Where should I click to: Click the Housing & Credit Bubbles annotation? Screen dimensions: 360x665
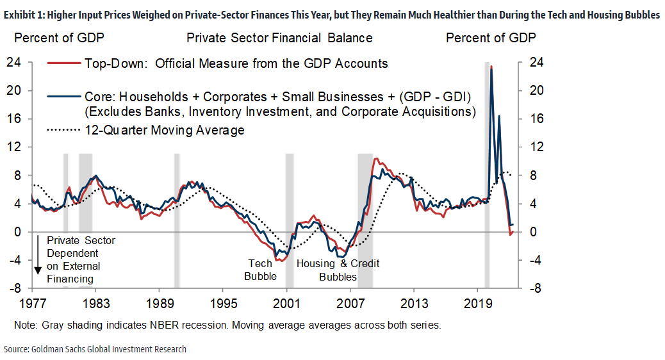tap(338, 270)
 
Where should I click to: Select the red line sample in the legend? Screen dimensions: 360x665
tap(64, 63)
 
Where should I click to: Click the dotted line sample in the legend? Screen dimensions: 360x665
tap(64, 130)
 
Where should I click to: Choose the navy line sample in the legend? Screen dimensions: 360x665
tap(64, 97)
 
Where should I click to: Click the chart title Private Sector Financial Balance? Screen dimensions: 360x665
tap(279, 38)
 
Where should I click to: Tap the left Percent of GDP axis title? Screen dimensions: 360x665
tap(59, 38)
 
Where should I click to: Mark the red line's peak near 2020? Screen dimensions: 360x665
tap(491, 67)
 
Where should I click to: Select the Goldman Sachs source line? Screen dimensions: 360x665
tap(95, 349)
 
